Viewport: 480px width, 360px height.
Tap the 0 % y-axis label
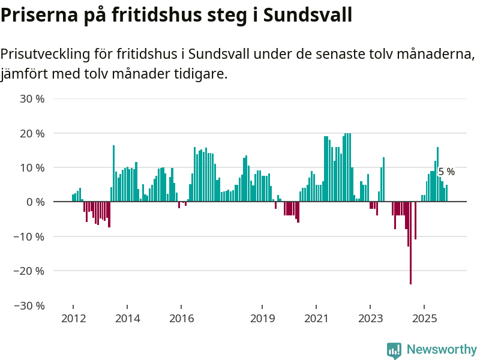tap(36, 202)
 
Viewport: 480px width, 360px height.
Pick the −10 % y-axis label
tap(30, 236)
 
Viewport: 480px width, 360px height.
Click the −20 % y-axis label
tap(30, 271)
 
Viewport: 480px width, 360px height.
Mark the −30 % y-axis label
tap(30, 305)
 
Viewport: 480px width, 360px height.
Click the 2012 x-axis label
tap(73, 318)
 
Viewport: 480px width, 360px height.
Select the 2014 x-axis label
tap(127, 318)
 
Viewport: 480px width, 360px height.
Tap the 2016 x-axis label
tap(181, 318)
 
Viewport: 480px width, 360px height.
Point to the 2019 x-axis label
tap(262, 318)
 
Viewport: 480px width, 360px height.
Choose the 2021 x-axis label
tap(316, 318)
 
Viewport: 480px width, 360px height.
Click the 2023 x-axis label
tap(370, 318)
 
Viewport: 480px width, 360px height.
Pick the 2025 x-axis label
tap(424, 318)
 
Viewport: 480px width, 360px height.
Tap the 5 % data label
tap(446, 172)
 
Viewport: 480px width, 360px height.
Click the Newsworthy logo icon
tap(394, 350)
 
